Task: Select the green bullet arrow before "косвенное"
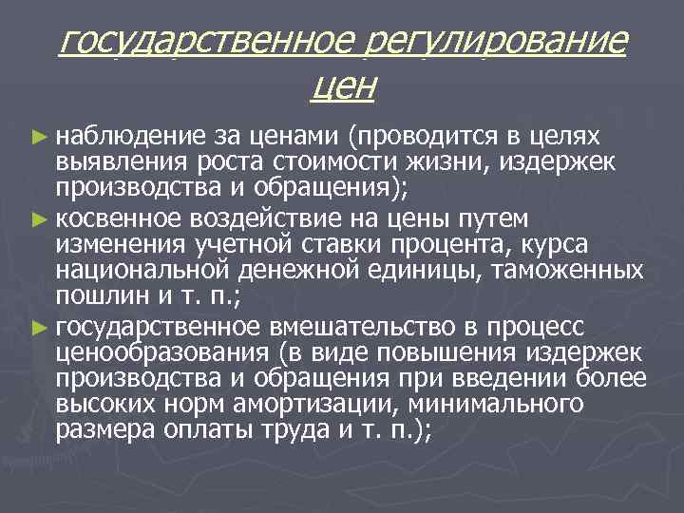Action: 38,219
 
